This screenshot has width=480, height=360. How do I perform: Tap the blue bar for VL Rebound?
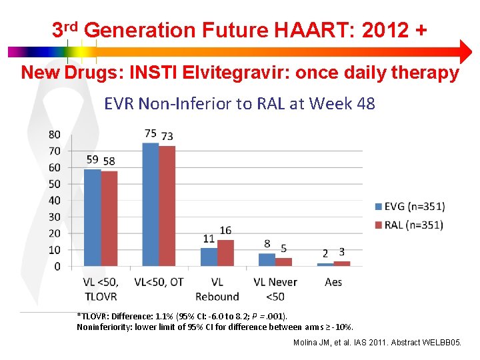click(209, 257)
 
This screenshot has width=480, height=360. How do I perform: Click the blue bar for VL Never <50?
click(267, 259)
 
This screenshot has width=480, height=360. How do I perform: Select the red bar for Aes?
click(342, 263)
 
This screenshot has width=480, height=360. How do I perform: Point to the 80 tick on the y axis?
click(54, 135)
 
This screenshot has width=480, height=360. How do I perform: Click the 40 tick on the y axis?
click(54, 201)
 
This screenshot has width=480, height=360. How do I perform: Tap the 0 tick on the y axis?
click(57, 267)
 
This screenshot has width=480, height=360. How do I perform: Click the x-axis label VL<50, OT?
click(159, 282)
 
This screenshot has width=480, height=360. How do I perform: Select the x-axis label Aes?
click(333, 282)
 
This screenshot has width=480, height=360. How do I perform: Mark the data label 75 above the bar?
click(151, 134)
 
